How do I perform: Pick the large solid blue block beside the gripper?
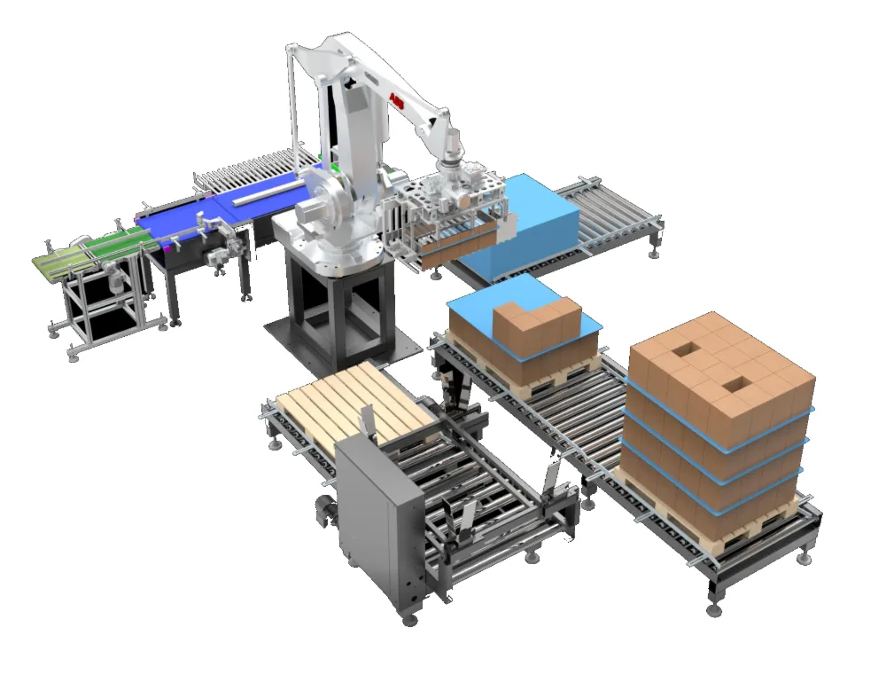pos(520,226)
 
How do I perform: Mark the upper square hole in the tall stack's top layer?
pos(682,350)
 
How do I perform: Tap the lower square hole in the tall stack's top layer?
pos(734,387)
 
